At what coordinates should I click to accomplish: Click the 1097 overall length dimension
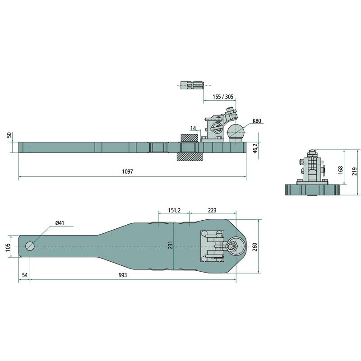coord(127,171)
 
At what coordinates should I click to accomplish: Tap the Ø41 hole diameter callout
coord(60,223)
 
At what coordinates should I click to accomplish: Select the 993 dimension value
coord(123,275)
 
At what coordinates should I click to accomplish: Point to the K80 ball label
coord(257,120)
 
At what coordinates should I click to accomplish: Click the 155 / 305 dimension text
coord(223,97)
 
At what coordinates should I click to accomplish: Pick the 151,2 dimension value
coord(174,210)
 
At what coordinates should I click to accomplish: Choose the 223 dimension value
coord(212,210)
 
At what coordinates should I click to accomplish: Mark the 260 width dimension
coord(255,247)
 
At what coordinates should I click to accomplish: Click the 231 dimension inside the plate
coord(170,245)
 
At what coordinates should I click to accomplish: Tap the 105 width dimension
coord(8,247)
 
